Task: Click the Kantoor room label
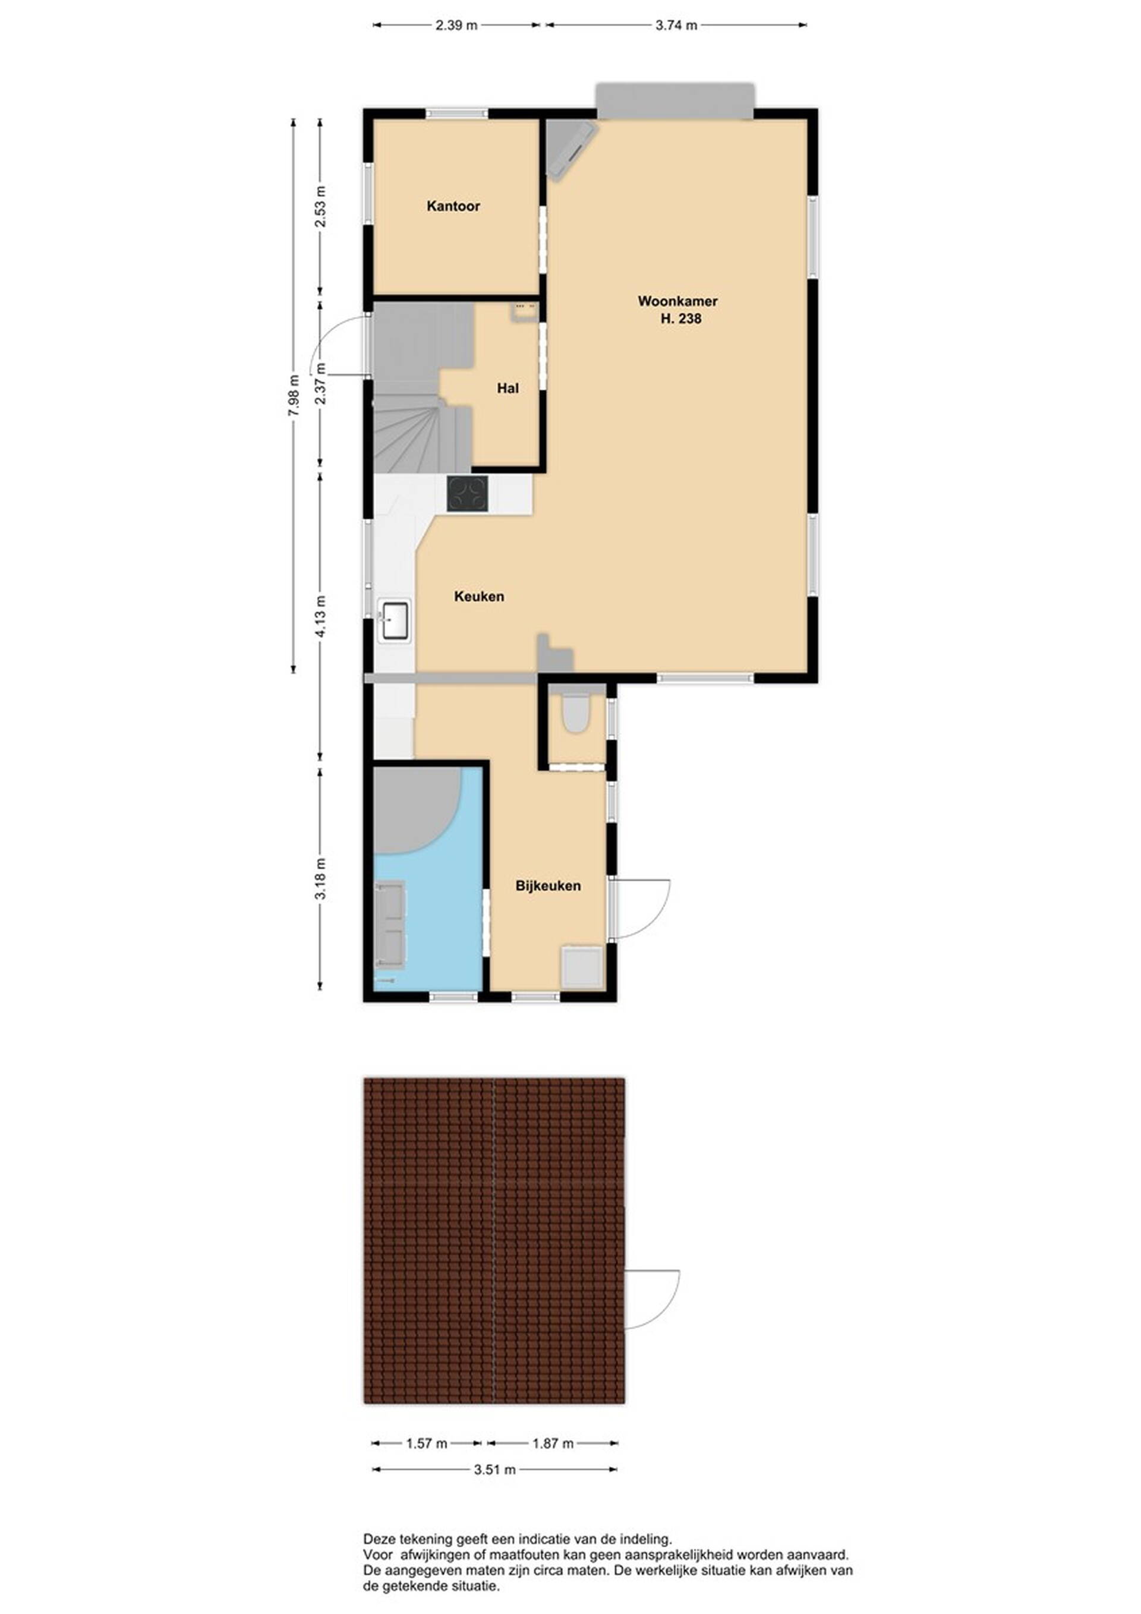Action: pos(453,206)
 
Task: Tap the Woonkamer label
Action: pos(677,301)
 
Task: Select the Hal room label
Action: pos(508,388)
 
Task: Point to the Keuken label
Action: pos(479,596)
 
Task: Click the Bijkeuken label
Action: pos(548,885)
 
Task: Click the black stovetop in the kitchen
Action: pos(468,493)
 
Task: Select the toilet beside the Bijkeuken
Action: pos(577,712)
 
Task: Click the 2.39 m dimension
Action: pos(456,26)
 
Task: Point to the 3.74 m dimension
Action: pos(676,26)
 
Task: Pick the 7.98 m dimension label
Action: pos(294,395)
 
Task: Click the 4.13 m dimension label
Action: pos(320,616)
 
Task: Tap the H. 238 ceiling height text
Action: pos(680,319)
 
